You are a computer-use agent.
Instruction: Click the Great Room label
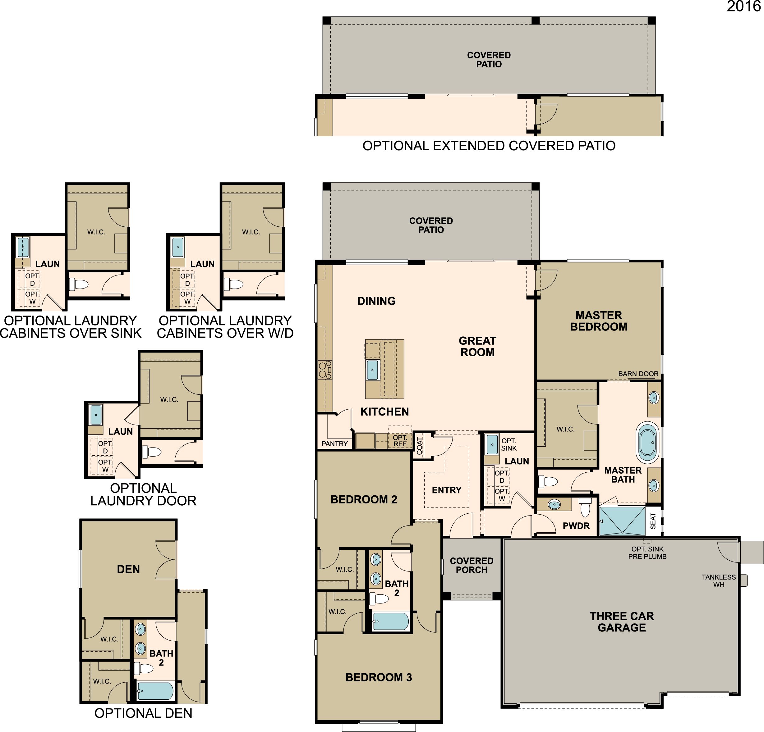tap(477, 346)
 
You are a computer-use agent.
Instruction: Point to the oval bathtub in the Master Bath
tap(647, 443)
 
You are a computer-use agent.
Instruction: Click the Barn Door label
tap(638, 374)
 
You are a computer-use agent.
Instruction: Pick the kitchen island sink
tap(372, 370)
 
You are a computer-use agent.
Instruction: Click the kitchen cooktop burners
tap(325, 370)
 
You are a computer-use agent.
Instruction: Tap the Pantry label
tap(334, 444)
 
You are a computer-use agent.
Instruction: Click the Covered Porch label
tap(472, 565)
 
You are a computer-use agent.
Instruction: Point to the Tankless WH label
tap(719, 581)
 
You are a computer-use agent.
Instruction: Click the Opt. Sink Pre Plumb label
tap(647, 553)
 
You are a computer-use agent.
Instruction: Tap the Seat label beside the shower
tap(653, 521)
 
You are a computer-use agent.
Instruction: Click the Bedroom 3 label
tap(379, 677)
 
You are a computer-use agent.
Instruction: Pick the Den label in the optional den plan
tap(128, 569)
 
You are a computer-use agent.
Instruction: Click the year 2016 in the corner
tap(743, 6)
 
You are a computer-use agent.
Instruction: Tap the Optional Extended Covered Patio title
tap(489, 146)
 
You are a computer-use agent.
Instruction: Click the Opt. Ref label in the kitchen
tap(400, 441)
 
